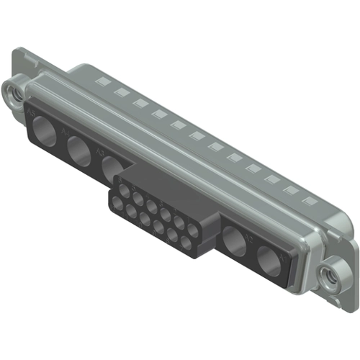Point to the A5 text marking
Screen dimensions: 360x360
[x=31, y=114]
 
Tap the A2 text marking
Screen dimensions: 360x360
[x=249, y=234]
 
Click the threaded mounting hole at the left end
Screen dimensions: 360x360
[x=13, y=91]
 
